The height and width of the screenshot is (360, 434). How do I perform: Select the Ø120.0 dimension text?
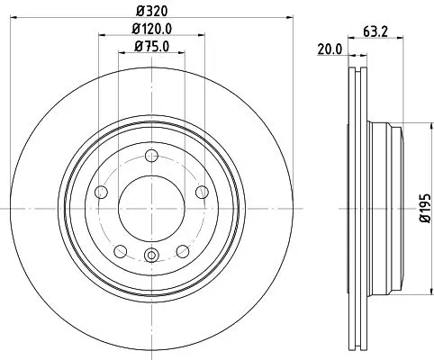coord(150,30)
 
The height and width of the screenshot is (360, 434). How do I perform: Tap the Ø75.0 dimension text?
coord(150,47)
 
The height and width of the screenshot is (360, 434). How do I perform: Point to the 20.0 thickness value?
coord(330,49)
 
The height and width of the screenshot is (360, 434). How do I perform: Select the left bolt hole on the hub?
coord(102,191)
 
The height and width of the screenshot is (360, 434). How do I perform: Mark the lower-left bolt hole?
coord(120,249)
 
